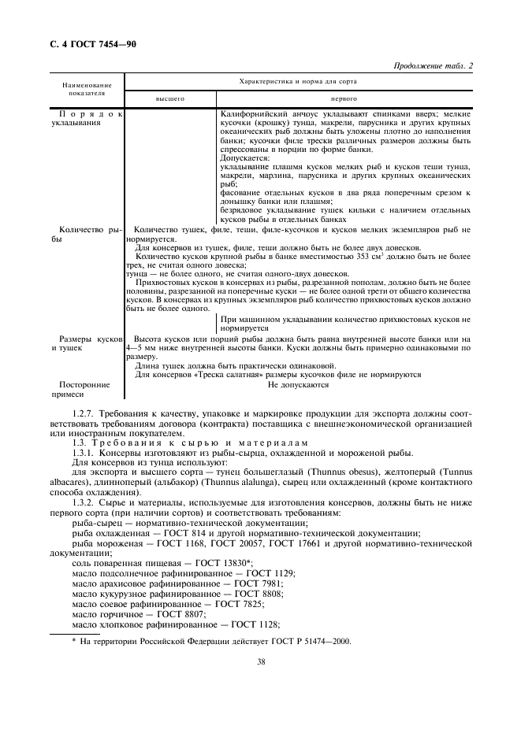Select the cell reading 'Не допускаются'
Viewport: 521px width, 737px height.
pos(298,385)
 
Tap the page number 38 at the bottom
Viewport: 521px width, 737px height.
pos(260,662)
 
